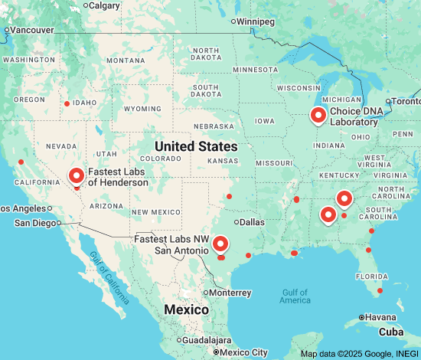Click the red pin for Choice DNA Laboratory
point(318,116)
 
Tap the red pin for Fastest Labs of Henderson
point(77,176)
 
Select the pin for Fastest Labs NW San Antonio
point(220,244)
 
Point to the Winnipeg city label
point(256,21)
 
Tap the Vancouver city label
point(31,30)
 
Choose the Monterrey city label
point(230,293)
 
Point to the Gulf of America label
point(295,296)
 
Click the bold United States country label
point(195,146)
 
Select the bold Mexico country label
point(186,309)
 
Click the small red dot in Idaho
point(67,103)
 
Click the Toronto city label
point(407,101)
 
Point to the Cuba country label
point(392,332)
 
